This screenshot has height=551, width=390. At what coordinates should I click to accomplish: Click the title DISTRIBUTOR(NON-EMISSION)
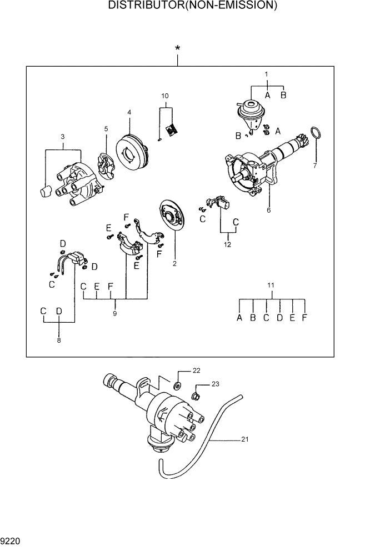pyautogui.click(x=193, y=6)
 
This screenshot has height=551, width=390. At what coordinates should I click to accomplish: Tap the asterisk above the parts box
pyautogui.click(x=178, y=49)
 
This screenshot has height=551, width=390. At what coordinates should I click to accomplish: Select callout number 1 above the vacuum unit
pyautogui.click(x=266, y=74)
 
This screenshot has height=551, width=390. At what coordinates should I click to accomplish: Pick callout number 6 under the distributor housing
pyautogui.click(x=269, y=211)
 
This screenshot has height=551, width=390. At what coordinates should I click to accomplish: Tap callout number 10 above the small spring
pyautogui.click(x=165, y=96)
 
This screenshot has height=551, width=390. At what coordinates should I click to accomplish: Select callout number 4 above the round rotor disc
pyautogui.click(x=129, y=112)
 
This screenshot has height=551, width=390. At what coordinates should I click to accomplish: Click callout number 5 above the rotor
pyautogui.click(x=106, y=129)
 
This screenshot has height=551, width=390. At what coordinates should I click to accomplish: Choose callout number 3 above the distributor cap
pyautogui.click(x=62, y=137)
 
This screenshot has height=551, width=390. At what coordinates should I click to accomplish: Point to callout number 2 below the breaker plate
pyautogui.click(x=174, y=264)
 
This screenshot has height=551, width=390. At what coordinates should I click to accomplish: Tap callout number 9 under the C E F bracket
pyautogui.click(x=116, y=313)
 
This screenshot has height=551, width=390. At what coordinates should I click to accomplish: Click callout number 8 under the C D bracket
pyautogui.click(x=59, y=340)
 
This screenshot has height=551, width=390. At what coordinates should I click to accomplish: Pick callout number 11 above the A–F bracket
pyautogui.click(x=271, y=285)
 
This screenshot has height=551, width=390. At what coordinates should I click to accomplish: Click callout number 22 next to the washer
pyautogui.click(x=196, y=370)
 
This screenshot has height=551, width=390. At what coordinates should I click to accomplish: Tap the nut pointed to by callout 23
pyautogui.click(x=196, y=396)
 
